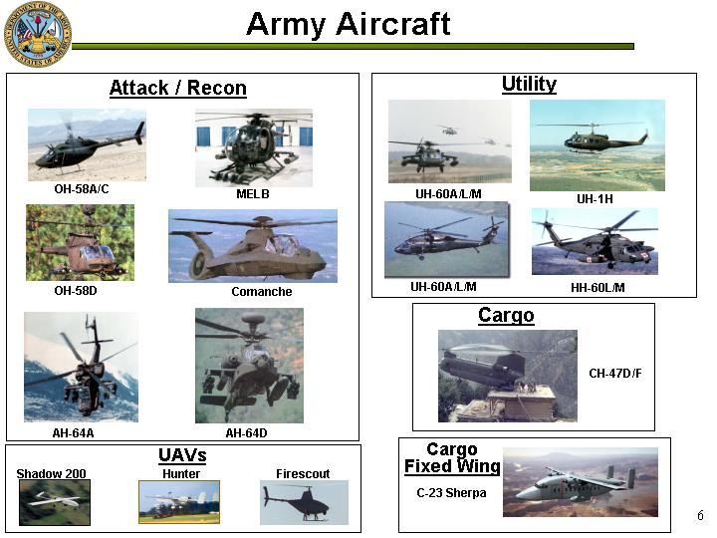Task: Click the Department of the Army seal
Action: point(38,34)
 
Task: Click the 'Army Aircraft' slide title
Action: point(349,24)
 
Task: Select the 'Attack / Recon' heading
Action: point(178,88)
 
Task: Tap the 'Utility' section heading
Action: point(529,84)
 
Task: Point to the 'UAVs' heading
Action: point(182,455)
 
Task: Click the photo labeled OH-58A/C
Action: point(87,144)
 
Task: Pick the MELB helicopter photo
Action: point(254,147)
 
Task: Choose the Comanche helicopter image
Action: point(253,246)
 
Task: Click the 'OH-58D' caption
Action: point(76,291)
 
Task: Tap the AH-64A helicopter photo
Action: point(81,367)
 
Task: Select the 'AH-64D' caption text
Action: point(247,432)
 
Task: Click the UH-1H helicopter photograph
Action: point(597,145)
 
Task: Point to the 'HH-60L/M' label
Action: point(597,287)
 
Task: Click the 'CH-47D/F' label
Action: point(615,374)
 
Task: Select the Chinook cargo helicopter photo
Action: point(508,376)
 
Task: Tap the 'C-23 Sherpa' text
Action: point(451,493)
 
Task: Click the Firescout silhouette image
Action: point(304,502)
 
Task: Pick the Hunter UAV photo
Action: point(179,502)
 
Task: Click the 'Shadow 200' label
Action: point(51,473)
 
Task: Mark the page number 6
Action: point(700,515)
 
